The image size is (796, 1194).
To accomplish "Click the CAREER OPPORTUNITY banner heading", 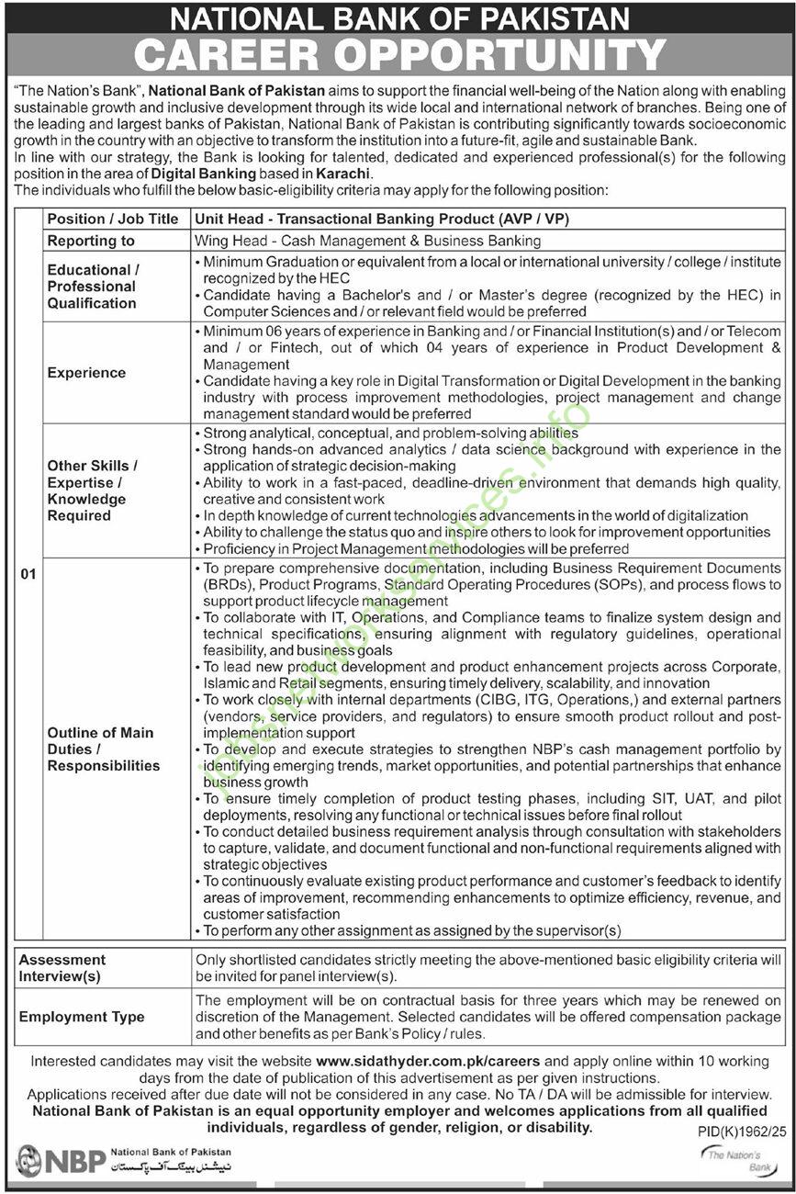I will (398, 55).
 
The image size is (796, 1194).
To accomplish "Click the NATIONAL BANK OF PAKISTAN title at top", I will (398, 17).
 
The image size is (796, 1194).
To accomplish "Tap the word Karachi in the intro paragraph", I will (343, 173).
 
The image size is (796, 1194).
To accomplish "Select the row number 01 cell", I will (28, 575).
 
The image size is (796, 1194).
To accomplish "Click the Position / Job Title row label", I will (113, 220).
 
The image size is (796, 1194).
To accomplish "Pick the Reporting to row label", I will (91, 241).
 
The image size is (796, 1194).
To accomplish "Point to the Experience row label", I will (86, 373).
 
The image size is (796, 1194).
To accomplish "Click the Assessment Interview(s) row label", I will (62, 968).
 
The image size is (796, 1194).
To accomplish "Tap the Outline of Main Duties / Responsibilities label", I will (103, 749).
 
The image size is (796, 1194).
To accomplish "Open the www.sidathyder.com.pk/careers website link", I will (427, 1061).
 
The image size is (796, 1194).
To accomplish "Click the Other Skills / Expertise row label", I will (94, 490).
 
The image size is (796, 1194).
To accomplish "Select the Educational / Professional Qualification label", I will (93, 287).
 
